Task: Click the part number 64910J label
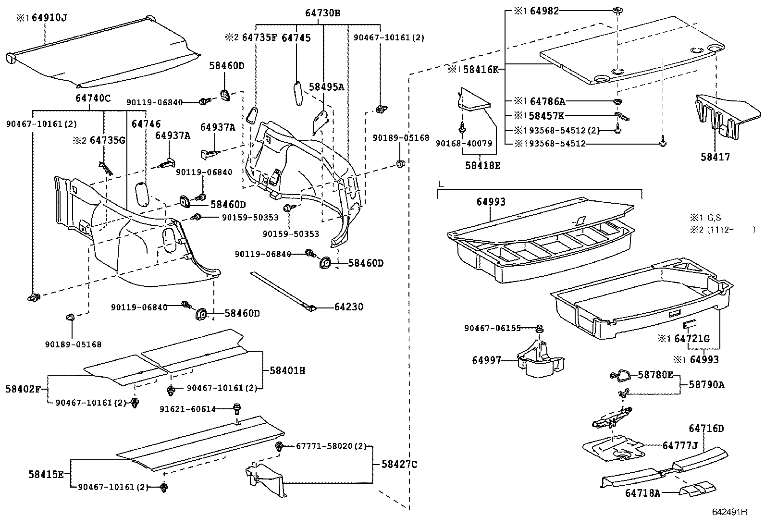coord(49,18)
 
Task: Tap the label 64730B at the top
coord(322,13)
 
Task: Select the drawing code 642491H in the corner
coord(729,512)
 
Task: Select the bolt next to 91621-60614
coord(236,409)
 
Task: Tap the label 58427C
coord(399,464)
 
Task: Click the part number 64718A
coord(642,493)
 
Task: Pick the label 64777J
coord(679,445)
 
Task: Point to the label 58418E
coord(482,165)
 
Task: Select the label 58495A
coord(326,87)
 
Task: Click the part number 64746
coord(146,124)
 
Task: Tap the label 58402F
coord(26,389)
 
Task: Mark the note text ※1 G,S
coord(708,218)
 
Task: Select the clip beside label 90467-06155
coord(540,329)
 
